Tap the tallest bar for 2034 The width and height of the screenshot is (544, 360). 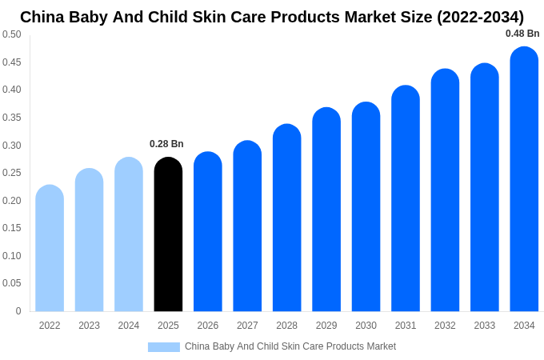click(524, 179)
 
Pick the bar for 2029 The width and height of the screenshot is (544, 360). click(326, 210)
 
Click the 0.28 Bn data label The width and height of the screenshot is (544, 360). click(166, 144)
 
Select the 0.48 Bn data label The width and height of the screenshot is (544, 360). click(522, 34)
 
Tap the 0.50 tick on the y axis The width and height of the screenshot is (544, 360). click(12, 34)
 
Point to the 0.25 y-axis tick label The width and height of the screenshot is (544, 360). click(12, 173)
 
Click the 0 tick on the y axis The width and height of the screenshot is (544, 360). click(18, 311)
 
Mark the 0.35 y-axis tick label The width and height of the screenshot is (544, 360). click(12, 118)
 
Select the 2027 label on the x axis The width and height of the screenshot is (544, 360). click(247, 326)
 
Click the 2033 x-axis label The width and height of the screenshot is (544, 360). click(485, 326)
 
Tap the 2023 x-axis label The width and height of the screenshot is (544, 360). click(89, 326)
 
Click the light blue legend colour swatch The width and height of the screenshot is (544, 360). click(164, 347)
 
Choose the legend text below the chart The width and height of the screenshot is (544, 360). click(290, 346)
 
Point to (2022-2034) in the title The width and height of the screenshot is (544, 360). click(480, 17)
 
